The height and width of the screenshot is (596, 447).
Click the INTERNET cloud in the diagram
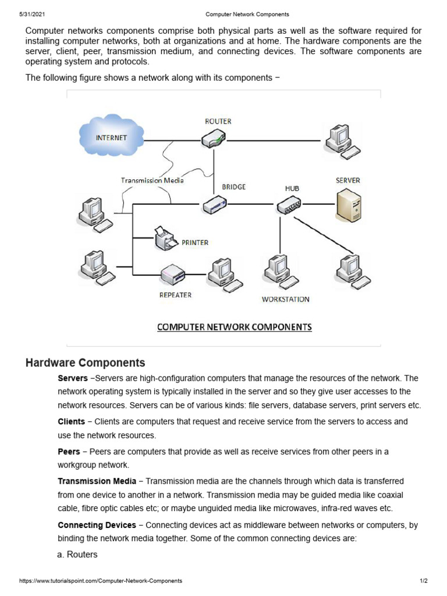[111, 137]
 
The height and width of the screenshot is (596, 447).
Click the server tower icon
[348, 205]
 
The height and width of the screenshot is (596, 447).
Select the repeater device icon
[173, 272]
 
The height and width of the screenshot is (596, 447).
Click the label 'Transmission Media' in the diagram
[152, 180]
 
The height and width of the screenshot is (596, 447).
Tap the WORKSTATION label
[285, 299]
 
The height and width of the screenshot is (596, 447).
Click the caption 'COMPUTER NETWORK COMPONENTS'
[235, 327]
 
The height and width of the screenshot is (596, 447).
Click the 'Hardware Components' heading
[86, 363]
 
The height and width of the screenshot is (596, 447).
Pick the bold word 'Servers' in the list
[73, 378]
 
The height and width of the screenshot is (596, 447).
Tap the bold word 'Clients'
[72, 421]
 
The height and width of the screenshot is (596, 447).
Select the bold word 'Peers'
[69, 452]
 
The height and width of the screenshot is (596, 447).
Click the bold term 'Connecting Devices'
[97, 525]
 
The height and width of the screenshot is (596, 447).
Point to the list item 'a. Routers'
[77, 555]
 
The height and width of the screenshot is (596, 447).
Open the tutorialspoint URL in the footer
[101, 581]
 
